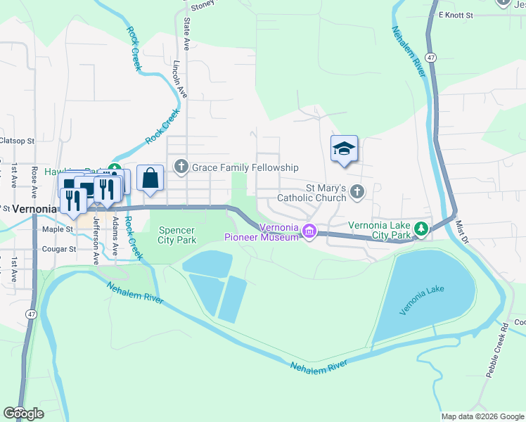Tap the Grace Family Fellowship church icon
coord(181,167)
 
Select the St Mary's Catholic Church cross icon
coord(357,191)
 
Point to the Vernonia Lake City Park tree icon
coord(421,229)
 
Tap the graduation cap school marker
coord(344,149)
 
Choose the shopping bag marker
coord(150,178)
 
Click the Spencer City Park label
coord(177,234)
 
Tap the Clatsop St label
coord(17,141)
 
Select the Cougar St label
coord(58,249)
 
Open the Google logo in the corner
coord(24,414)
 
